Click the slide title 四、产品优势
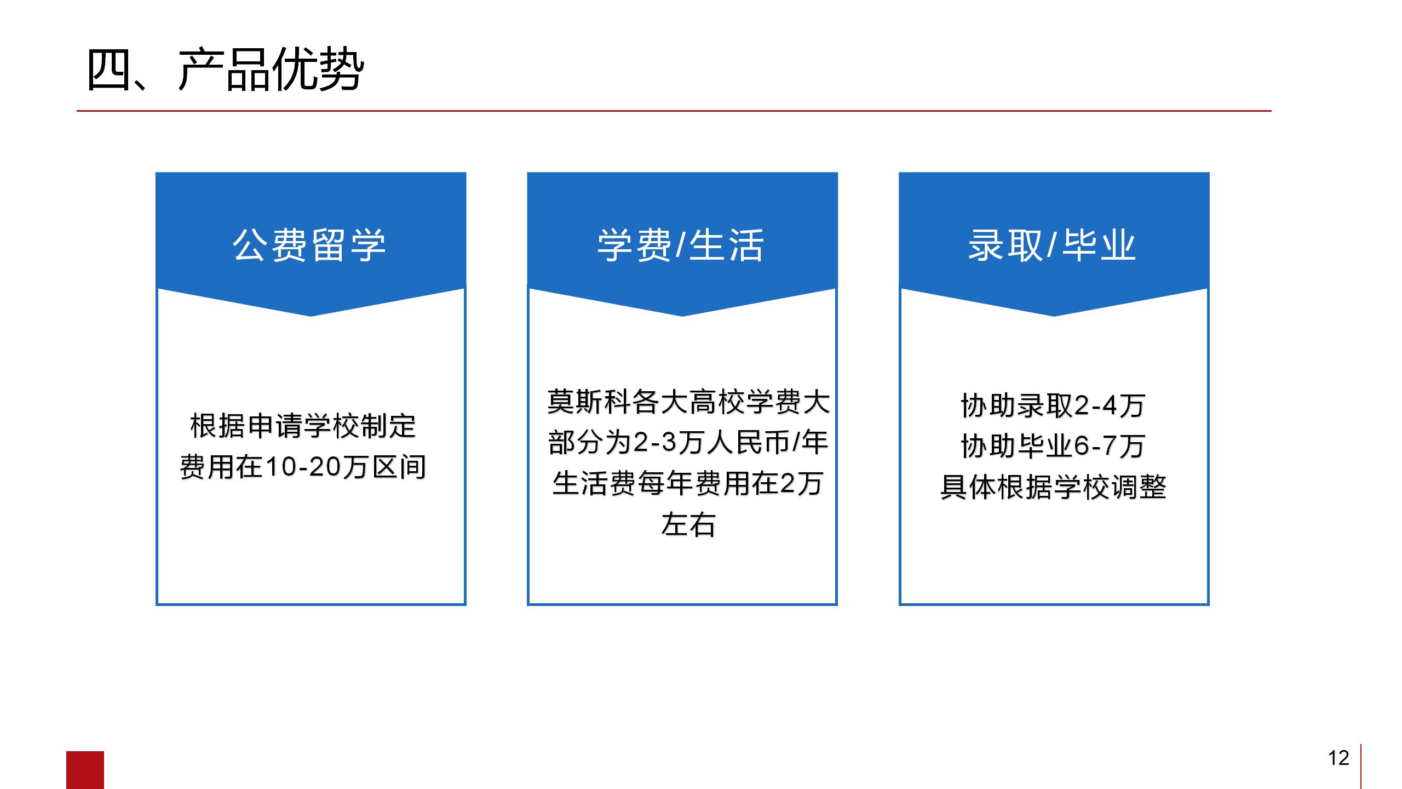[225, 70]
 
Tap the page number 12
[1338, 758]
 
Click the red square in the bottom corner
[85, 770]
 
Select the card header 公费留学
[309, 245]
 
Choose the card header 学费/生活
[681, 245]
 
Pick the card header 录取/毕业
[1052, 245]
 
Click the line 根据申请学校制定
[303, 426]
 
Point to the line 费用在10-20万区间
[303, 467]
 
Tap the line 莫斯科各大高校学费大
[688, 402]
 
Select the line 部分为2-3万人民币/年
[688, 443]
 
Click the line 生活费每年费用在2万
[688, 484]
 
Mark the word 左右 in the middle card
[688, 525]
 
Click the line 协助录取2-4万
[1053, 406]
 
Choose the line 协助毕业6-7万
[1053, 447]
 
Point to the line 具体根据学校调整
[1053, 487]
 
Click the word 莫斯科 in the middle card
[589, 402]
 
